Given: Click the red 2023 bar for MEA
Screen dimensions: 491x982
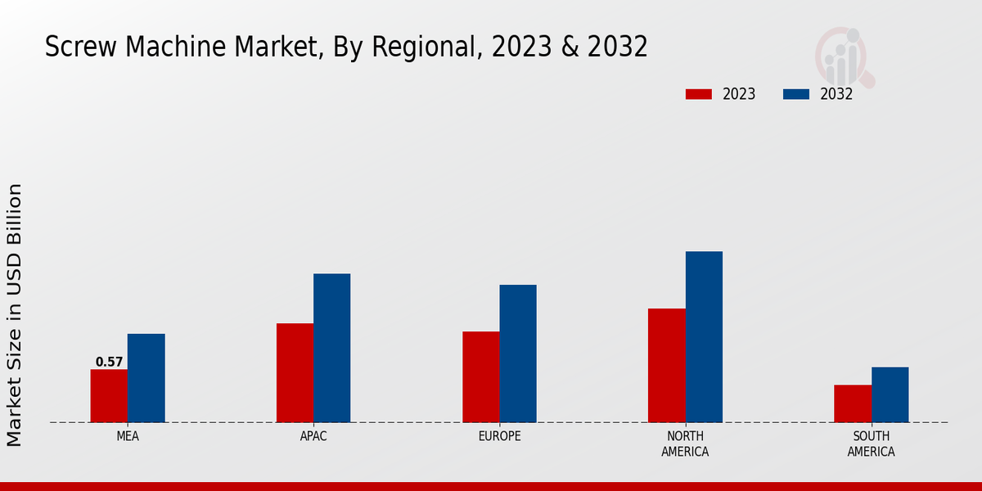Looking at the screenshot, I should (x=109, y=396).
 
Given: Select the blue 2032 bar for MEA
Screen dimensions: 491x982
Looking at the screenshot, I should (x=146, y=378).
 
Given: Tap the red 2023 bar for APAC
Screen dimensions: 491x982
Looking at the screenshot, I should (x=295, y=373).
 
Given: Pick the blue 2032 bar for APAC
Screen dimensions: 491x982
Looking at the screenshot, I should (x=331, y=348).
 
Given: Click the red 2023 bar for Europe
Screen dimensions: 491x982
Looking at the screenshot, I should (x=480, y=377).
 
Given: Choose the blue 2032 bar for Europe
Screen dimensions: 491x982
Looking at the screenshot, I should (x=518, y=354).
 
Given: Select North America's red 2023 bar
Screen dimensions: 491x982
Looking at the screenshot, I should (x=666, y=366).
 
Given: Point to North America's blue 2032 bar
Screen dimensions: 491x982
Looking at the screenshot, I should (x=704, y=337).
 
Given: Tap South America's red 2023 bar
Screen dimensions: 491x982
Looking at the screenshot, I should (x=853, y=403).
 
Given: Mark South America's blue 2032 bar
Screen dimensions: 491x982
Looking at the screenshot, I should (x=890, y=394).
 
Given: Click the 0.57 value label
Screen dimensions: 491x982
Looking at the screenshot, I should (x=109, y=362).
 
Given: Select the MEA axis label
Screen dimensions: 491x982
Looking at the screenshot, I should (x=128, y=436).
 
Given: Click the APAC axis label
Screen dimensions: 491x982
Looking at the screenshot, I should (x=313, y=436).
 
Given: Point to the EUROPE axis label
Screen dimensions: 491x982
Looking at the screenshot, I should (x=499, y=436).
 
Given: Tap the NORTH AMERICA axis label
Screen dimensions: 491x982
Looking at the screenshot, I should (x=685, y=444).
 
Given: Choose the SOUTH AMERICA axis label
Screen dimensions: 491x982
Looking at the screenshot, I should (x=871, y=444).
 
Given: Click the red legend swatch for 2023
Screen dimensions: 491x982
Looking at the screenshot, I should (x=698, y=94).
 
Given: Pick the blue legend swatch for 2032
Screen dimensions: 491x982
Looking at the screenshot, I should (x=796, y=94).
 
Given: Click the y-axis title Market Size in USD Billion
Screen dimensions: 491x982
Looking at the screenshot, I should (x=15, y=315).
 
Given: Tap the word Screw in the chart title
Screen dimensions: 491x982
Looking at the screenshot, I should (x=75, y=47).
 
